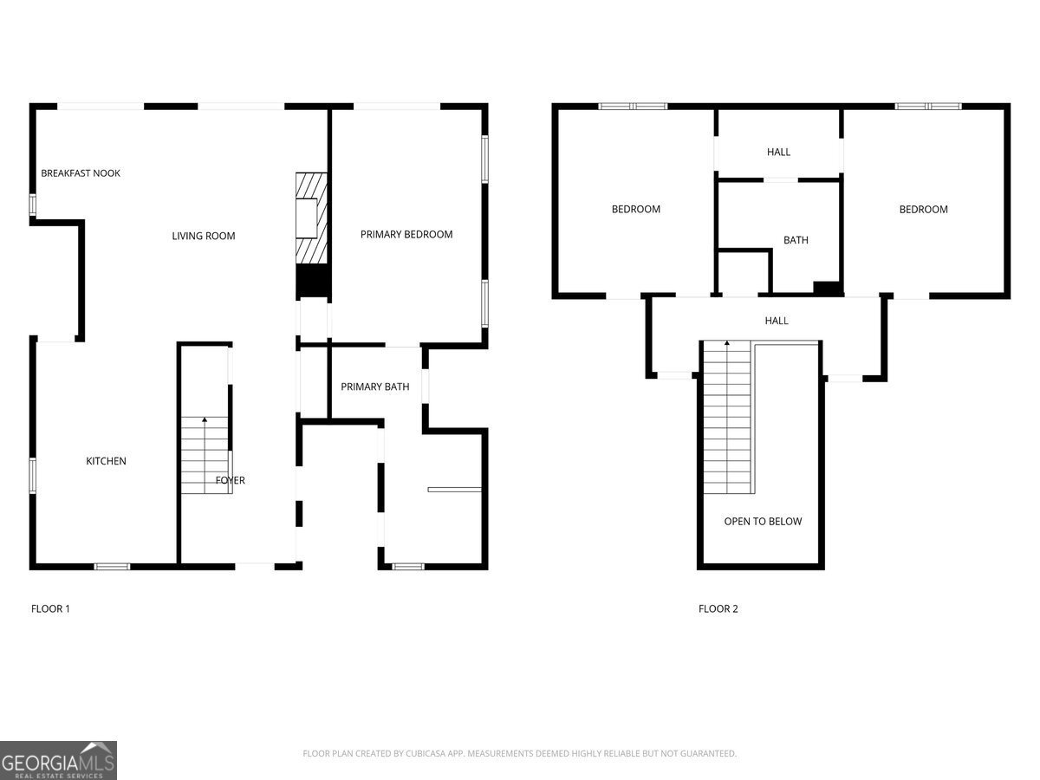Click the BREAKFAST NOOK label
[x=81, y=173]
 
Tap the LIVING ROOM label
[x=204, y=236]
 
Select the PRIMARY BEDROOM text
[x=406, y=234]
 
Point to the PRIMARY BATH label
[x=374, y=387]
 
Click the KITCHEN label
[x=106, y=461]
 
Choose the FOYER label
[x=231, y=481]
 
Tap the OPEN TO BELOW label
[x=763, y=522]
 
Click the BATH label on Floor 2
[x=796, y=241]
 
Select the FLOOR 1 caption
[x=50, y=609]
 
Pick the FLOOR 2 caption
[x=718, y=609]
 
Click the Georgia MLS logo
[x=58, y=761]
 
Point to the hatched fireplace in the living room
[x=311, y=218]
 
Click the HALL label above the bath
[x=778, y=152]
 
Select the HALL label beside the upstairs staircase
[x=777, y=321]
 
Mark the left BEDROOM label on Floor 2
[x=636, y=210]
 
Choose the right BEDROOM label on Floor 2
[x=924, y=210]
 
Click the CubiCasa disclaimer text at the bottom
[x=520, y=753]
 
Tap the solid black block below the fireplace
[x=313, y=281]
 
